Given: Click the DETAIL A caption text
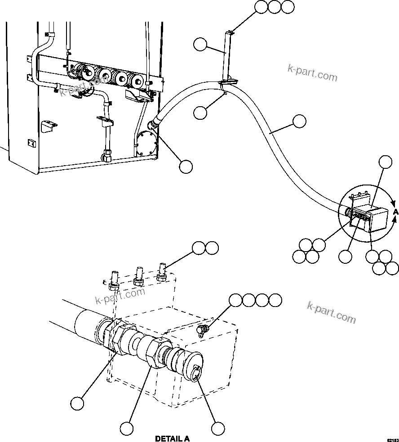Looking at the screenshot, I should click(172, 438).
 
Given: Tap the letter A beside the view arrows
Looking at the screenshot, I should click(395, 212).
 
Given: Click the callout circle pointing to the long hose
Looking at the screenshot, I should click(299, 122).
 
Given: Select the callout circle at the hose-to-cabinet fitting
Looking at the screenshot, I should click(186, 167).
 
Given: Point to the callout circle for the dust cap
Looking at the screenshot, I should click(218, 428).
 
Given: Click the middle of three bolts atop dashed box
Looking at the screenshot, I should click(138, 275).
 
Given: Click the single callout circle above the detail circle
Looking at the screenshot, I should click(385, 162).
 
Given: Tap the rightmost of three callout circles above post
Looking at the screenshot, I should click(288, 7).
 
